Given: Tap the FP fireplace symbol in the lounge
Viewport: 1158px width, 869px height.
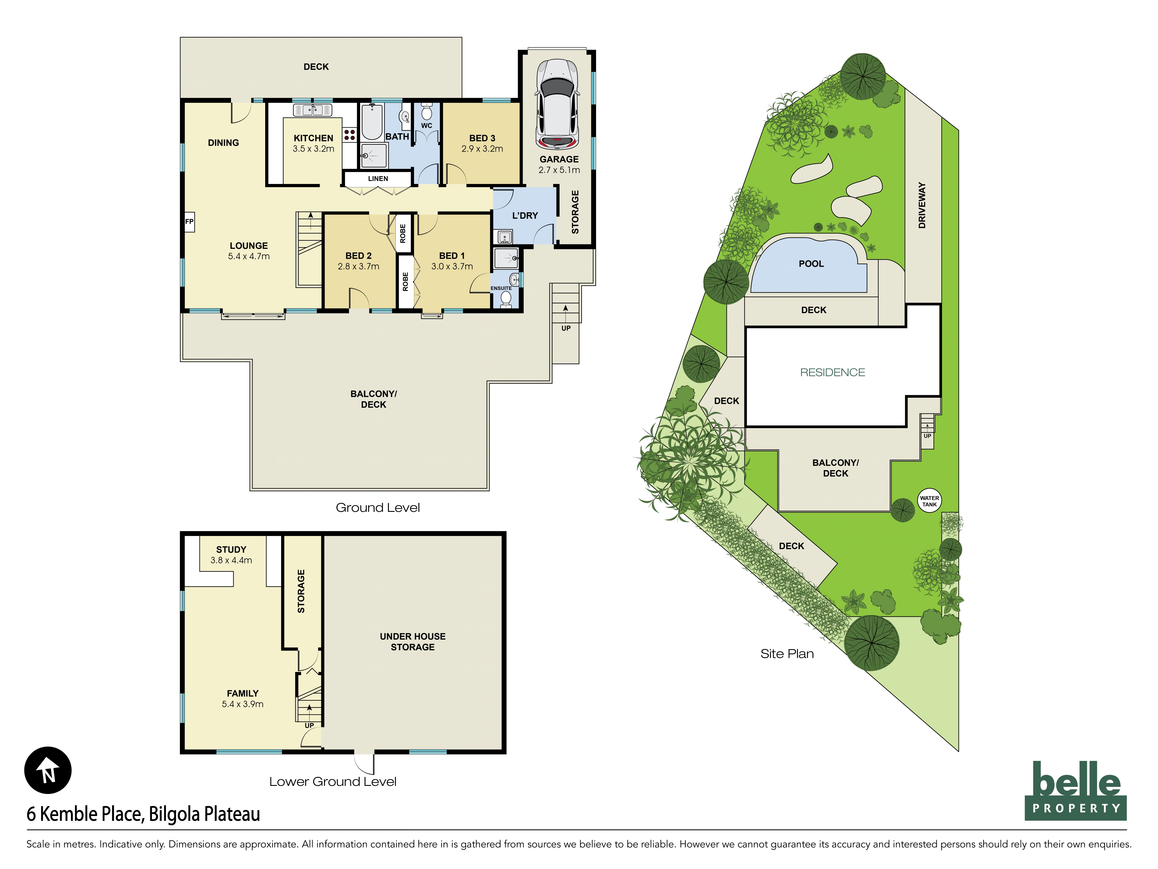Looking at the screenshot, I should [189, 222].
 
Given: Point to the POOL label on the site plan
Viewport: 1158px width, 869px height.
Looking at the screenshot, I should [811, 264].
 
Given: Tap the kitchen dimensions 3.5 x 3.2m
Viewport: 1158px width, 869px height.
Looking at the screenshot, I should [313, 149].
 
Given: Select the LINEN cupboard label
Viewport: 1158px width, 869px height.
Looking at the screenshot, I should [378, 179].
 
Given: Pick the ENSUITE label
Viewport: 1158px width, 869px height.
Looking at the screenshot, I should [501, 289].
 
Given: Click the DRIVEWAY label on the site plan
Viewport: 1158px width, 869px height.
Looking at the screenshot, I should [922, 205].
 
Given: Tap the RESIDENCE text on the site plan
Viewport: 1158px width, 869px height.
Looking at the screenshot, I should [832, 373].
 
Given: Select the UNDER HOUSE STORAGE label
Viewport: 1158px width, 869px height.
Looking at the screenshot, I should [413, 642].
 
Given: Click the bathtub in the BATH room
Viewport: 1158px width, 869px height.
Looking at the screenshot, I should [372, 122].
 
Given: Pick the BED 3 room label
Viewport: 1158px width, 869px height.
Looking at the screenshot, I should [482, 138].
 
